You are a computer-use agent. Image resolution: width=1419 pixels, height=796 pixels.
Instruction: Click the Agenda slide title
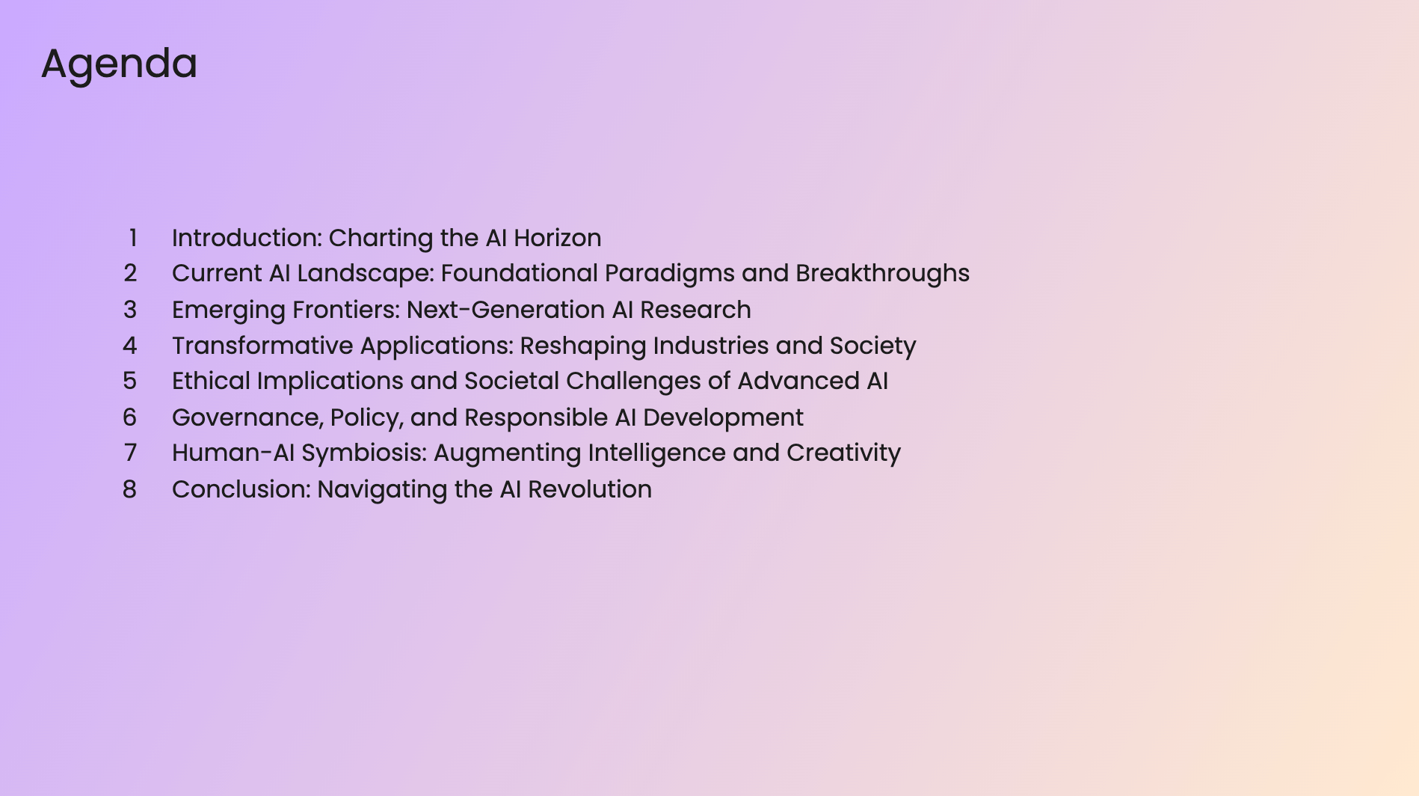pos(119,64)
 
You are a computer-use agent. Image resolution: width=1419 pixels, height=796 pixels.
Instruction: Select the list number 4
pos(130,346)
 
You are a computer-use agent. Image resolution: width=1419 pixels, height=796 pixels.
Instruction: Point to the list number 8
pos(130,489)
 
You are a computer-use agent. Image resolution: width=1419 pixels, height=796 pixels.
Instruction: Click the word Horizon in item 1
pos(557,238)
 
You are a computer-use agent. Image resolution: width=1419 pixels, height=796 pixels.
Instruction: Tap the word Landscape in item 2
pos(365,273)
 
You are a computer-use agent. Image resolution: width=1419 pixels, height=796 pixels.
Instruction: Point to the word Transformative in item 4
pos(262,346)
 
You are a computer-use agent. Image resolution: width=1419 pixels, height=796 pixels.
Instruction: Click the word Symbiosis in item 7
pos(363,453)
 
